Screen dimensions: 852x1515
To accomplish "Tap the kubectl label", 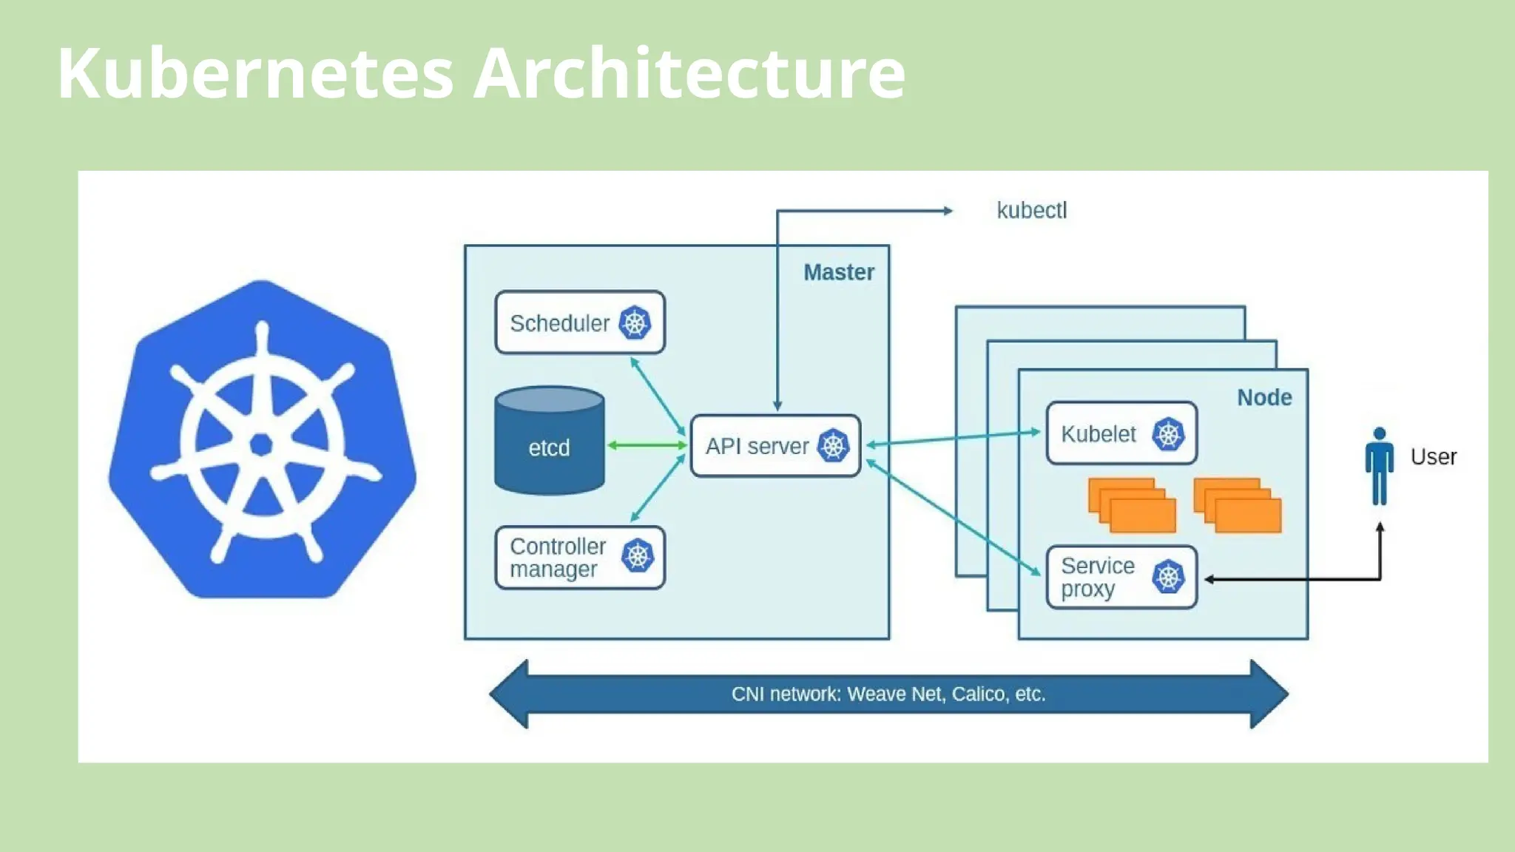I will click(1031, 211).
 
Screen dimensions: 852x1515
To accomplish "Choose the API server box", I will click(756, 446).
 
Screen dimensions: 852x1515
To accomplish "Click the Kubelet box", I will click(1099, 433).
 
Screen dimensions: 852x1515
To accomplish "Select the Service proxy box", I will click(1098, 577).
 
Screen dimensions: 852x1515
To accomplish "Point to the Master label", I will click(839, 272).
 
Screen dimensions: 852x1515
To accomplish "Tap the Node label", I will click(1264, 397).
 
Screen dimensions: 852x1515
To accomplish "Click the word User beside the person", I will click(1433, 456).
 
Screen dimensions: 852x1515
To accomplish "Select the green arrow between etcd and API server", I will click(647, 445).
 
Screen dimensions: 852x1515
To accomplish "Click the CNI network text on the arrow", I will click(888, 694).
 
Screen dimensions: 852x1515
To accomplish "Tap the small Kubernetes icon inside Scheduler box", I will click(635, 323).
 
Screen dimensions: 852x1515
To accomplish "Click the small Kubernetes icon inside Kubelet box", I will click(1168, 434).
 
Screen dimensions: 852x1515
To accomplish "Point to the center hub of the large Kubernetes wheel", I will click(261, 444).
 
